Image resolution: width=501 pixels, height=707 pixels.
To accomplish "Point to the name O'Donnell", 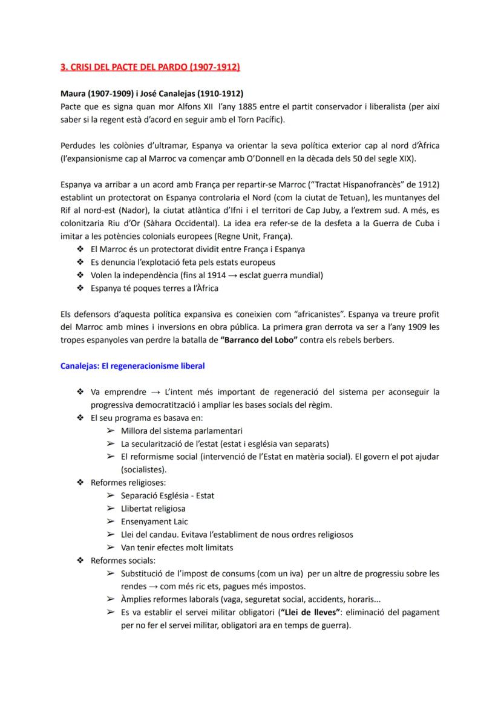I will tap(264, 159).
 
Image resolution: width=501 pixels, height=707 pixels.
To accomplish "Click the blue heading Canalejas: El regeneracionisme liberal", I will tap(133, 366).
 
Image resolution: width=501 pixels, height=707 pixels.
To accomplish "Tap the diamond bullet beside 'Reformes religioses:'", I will tap(80, 483).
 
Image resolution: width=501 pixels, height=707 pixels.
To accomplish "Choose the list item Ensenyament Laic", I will tap(154, 521).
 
